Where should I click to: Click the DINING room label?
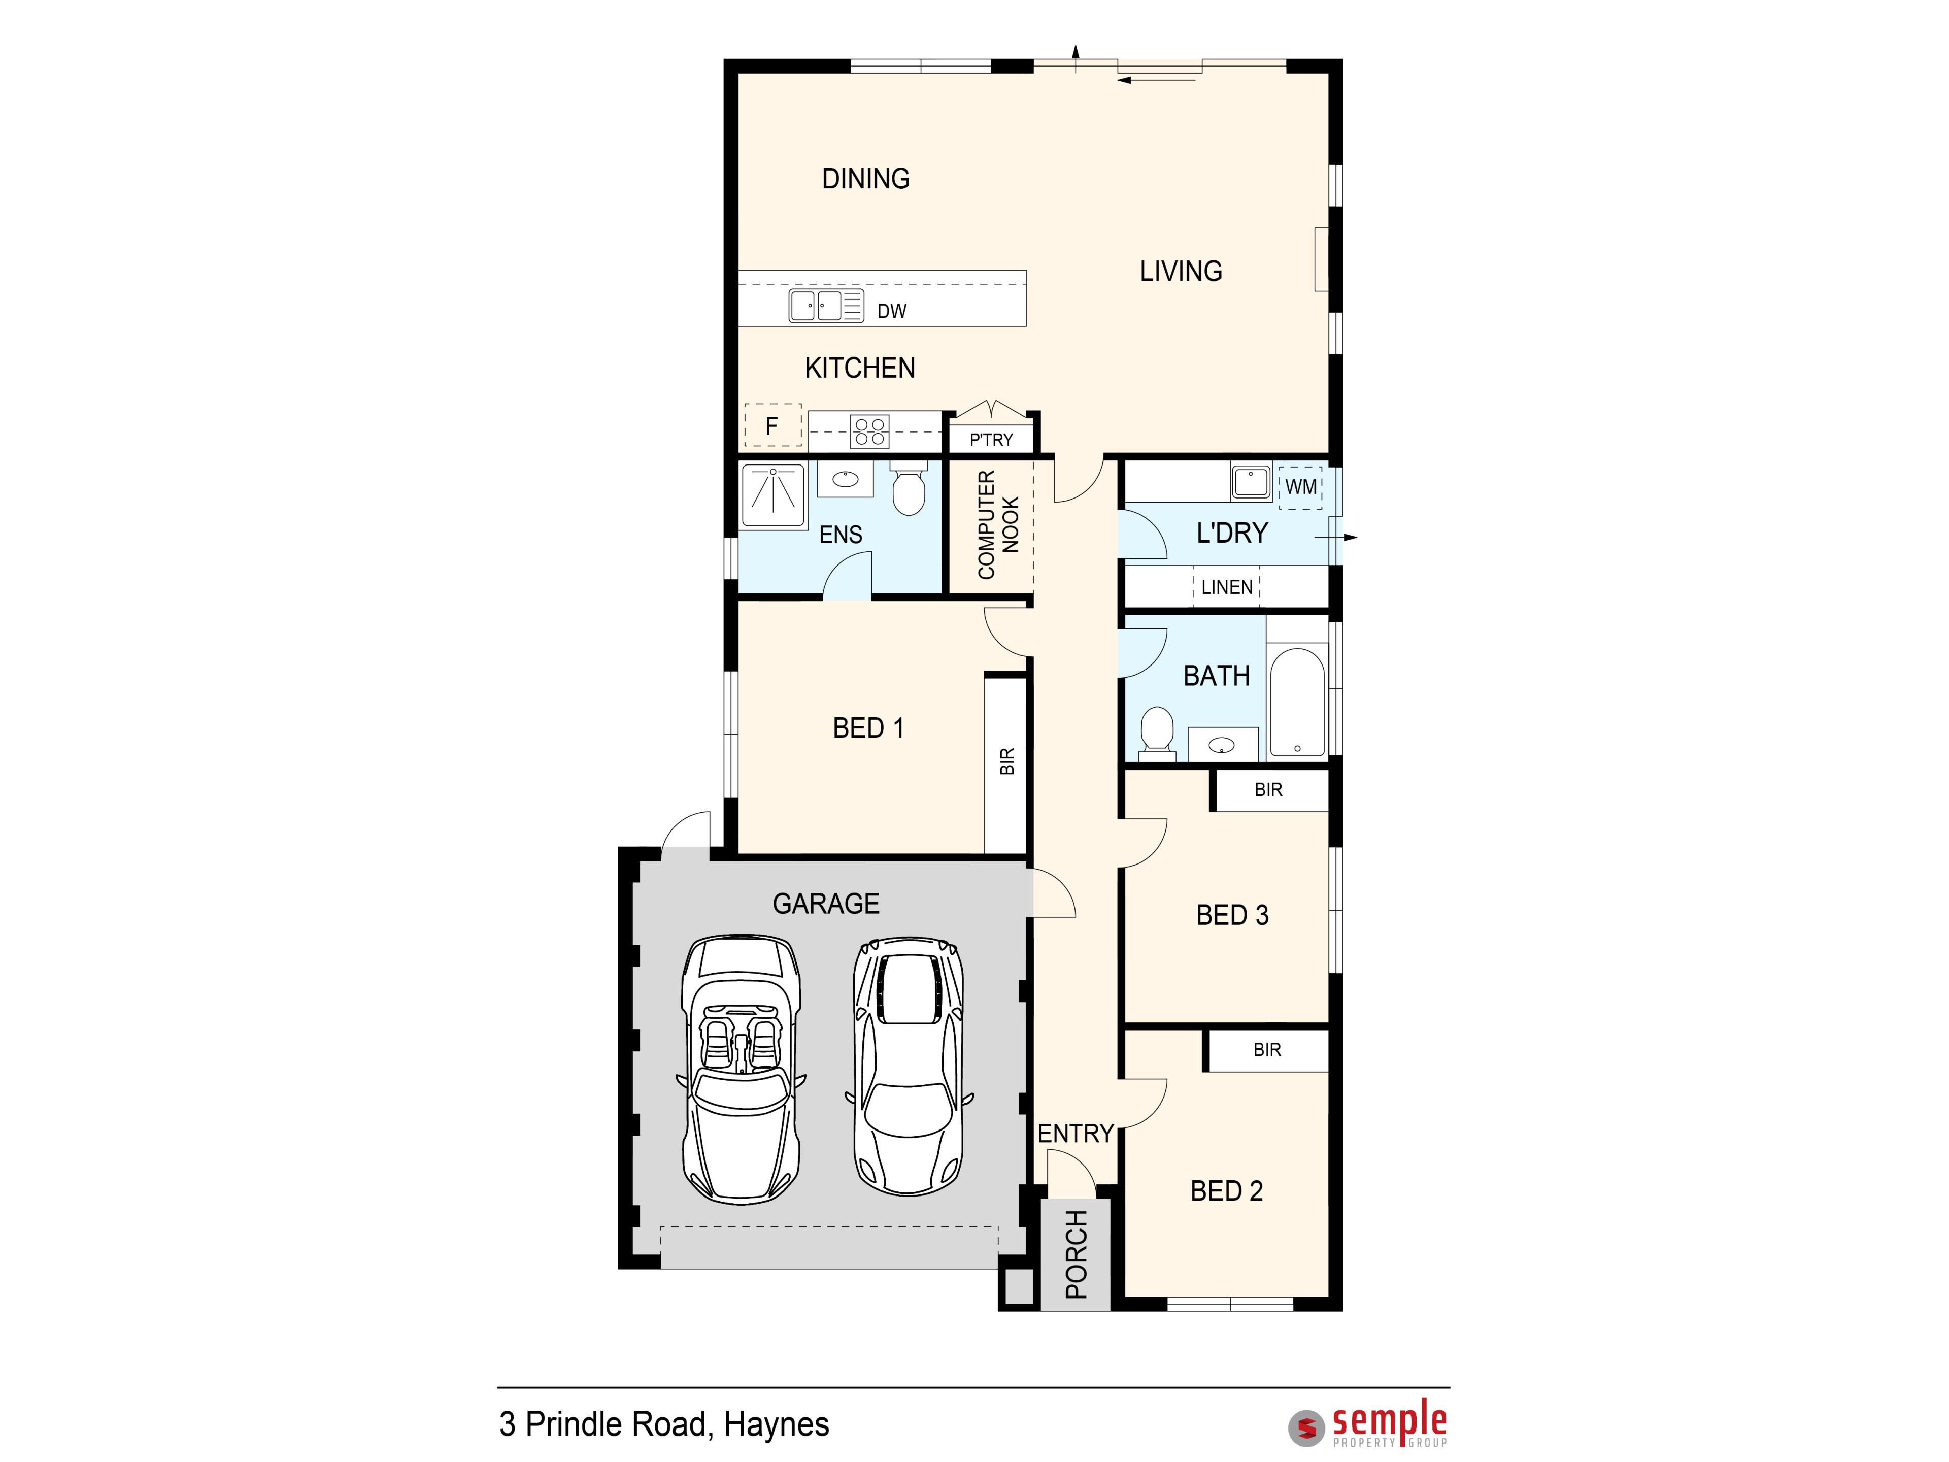865,179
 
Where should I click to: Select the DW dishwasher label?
892,311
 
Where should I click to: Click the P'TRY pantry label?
991,440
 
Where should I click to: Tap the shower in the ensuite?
774,496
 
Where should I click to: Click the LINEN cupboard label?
1226,587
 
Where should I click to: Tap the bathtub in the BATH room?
1297,703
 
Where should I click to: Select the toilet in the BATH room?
1158,733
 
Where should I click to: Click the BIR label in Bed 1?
1007,761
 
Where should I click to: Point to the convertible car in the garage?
741,1069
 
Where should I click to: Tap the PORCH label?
1077,1254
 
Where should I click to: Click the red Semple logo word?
1390,1421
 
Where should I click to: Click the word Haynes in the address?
776,1425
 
